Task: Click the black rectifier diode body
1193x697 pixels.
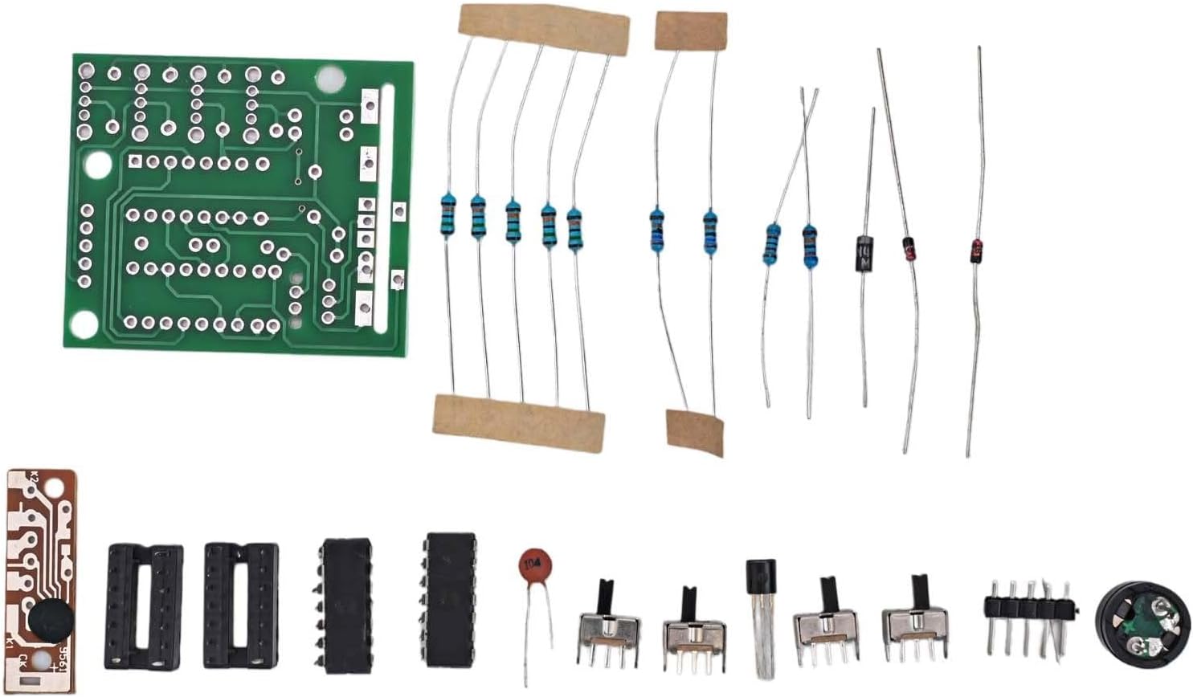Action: coord(864,253)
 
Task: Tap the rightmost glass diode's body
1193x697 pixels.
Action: coord(976,251)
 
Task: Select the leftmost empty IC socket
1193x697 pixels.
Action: coord(145,606)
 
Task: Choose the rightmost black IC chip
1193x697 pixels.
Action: coord(451,598)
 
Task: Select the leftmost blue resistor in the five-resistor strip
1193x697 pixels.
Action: coord(447,214)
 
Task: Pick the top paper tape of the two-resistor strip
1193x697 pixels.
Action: coord(691,31)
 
